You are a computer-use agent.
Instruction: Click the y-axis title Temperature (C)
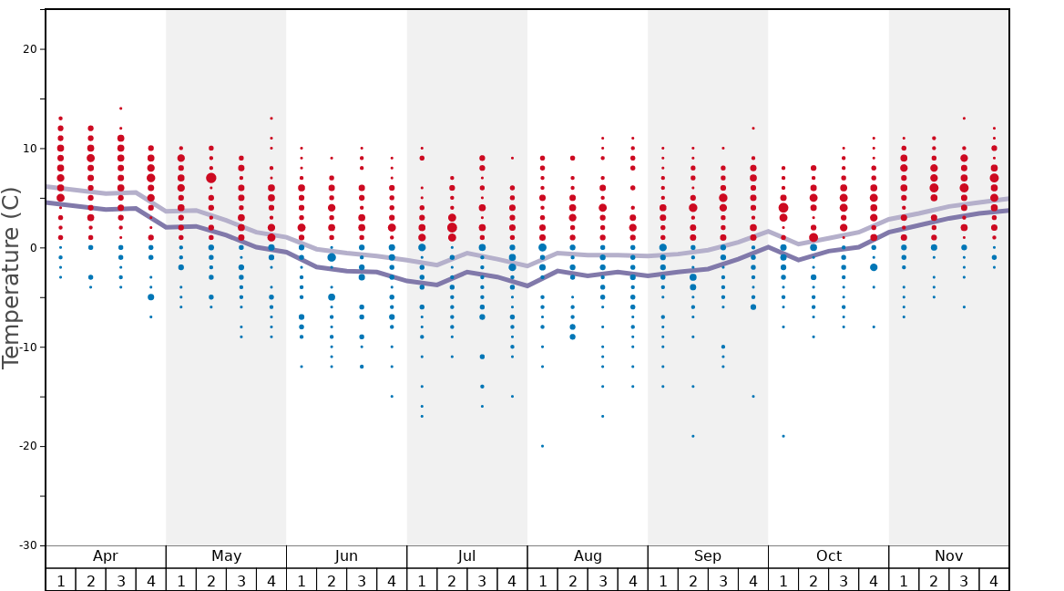coord(11,277)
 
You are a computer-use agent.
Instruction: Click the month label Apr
coord(106,556)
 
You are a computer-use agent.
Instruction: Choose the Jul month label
coord(467,556)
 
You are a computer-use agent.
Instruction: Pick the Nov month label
coord(948,556)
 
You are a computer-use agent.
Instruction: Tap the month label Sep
coord(708,556)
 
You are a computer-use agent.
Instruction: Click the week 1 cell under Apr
coord(60,580)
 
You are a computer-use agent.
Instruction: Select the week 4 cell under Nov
coord(994,580)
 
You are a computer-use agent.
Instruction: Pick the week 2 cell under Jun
coord(332,580)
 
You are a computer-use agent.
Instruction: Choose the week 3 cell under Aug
coord(602,580)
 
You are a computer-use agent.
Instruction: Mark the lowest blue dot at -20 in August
coord(542,446)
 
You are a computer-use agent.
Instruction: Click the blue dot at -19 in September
coord(692,436)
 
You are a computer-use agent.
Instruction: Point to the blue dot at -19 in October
coord(783,436)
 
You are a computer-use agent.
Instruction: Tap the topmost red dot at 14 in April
coord(120,109)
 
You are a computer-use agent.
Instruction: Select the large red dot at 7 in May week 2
coord(211,178)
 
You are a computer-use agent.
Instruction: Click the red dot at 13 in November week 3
coord(964,119)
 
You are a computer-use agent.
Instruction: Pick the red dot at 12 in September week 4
coord(753,129)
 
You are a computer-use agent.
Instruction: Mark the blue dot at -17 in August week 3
coord(602,416)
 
